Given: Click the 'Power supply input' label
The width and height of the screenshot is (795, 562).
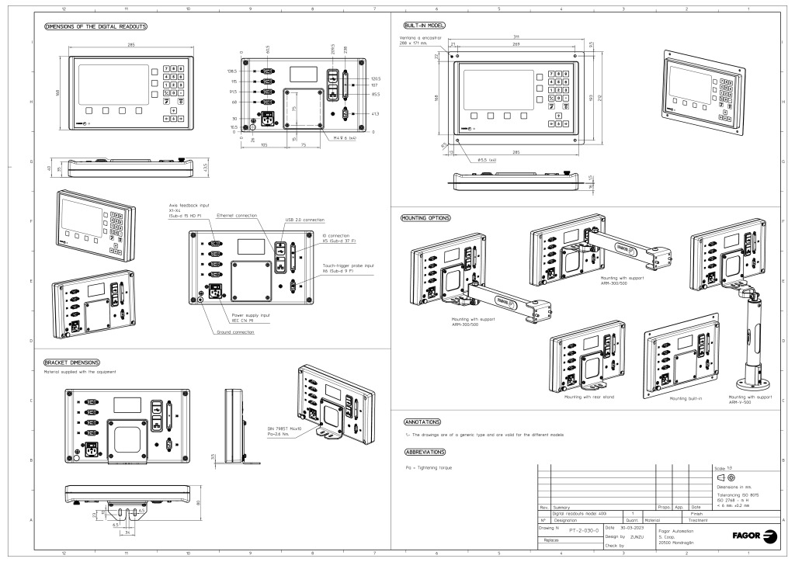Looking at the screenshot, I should pyautogui.click(x=254, y=316).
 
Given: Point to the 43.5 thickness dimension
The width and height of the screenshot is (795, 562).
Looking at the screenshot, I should pyautogui.click(x=203, y=168).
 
